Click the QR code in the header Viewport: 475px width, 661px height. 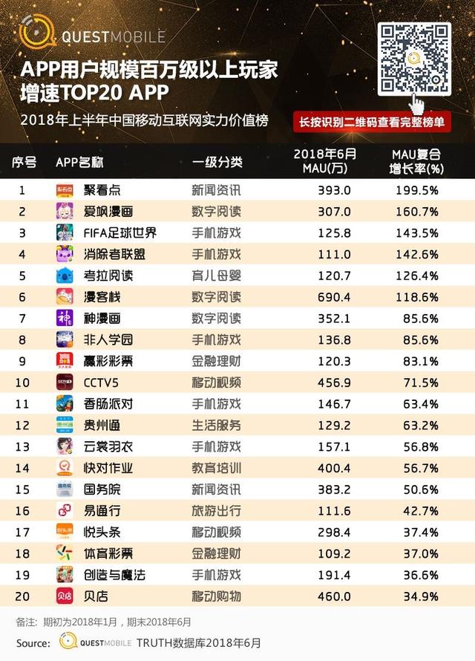415,59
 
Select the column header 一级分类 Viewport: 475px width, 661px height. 217,162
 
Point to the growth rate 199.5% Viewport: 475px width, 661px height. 416,190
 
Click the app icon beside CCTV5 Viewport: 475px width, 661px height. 65,382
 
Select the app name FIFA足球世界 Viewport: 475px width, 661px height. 120,233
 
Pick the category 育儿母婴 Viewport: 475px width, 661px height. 217,276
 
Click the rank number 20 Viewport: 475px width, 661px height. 22,596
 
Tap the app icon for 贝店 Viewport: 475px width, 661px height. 65,596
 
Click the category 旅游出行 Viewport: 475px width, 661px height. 217,511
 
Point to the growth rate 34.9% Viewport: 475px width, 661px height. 418,596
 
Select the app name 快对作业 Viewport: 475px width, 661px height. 108,468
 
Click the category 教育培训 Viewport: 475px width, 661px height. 217,468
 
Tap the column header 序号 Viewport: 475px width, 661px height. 24,162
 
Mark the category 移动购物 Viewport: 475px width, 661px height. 217,596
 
